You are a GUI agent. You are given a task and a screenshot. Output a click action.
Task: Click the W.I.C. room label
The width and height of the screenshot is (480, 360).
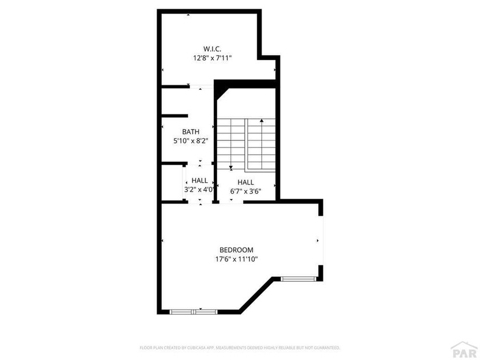[x=212, y=49]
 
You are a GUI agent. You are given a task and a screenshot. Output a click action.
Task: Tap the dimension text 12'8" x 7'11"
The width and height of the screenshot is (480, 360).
[x=212, y=58]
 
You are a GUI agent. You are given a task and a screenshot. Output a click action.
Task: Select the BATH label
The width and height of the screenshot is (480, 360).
[x=191, y=131]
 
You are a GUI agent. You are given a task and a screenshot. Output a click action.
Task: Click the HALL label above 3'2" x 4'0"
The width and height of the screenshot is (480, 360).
[x=199, y=181]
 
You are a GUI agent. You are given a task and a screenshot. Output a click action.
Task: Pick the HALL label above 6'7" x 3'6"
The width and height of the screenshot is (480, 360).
[x=246, y=182]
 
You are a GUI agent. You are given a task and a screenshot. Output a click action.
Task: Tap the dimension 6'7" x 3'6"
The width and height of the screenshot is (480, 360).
[x=246, y=191]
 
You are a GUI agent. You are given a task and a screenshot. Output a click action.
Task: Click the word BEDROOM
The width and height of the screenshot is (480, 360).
[x=237, y=250]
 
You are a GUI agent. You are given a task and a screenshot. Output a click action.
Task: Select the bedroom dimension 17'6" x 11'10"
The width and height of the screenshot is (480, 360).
[x=237, y=259]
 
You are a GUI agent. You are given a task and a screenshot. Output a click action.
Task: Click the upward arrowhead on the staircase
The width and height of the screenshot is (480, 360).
[x=262, y=121]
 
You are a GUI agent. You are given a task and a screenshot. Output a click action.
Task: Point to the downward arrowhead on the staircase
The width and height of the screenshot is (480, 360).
[x=231, y=168]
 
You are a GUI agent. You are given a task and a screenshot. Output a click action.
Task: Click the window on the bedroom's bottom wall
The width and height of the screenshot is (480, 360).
[x=194, y=312]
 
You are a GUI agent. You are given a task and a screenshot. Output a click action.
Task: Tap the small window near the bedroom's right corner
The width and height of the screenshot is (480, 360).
[x=298, y=279]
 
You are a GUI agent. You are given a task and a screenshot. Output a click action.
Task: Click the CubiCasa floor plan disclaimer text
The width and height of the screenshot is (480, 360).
[x=239, y=347]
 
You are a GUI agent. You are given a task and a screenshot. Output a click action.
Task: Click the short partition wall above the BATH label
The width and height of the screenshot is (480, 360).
[x=174, y=115]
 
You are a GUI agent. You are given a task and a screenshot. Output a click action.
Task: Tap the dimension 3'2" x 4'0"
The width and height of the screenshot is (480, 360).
[x=199, y=190]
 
